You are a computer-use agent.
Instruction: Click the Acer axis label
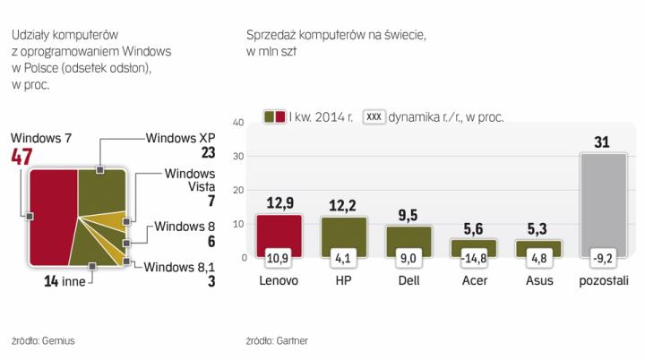(475, 279)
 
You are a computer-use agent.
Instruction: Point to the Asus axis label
(539, 279)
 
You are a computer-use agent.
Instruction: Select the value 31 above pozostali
(603, 141)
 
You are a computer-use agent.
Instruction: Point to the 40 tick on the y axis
(238, 122)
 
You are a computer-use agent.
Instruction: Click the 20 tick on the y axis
(238, 190)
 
